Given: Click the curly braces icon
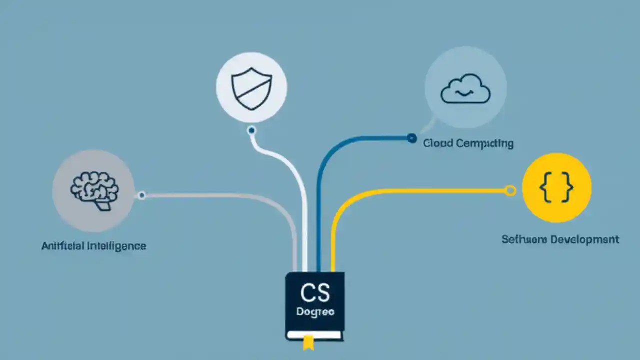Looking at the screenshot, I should click(x=556, y=188).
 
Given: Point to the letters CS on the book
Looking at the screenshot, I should click(x=315, y=293).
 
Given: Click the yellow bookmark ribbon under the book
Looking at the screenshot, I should click(x=308, y=342).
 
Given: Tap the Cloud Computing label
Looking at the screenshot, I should click(x=468, y=144).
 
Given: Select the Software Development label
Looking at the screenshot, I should click(x=560, y=240).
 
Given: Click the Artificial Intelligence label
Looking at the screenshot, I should click(x=94, y=246).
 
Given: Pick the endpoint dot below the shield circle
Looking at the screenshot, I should click(x=251, y=131).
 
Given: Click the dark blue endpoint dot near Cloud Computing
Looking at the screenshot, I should click(x=411, y=138).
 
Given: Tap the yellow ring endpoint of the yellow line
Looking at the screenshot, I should click(x=510, y=190).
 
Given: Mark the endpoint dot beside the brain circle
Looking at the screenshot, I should click(x=142, y=195).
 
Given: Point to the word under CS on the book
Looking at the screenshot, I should click(x=315, y=312).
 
